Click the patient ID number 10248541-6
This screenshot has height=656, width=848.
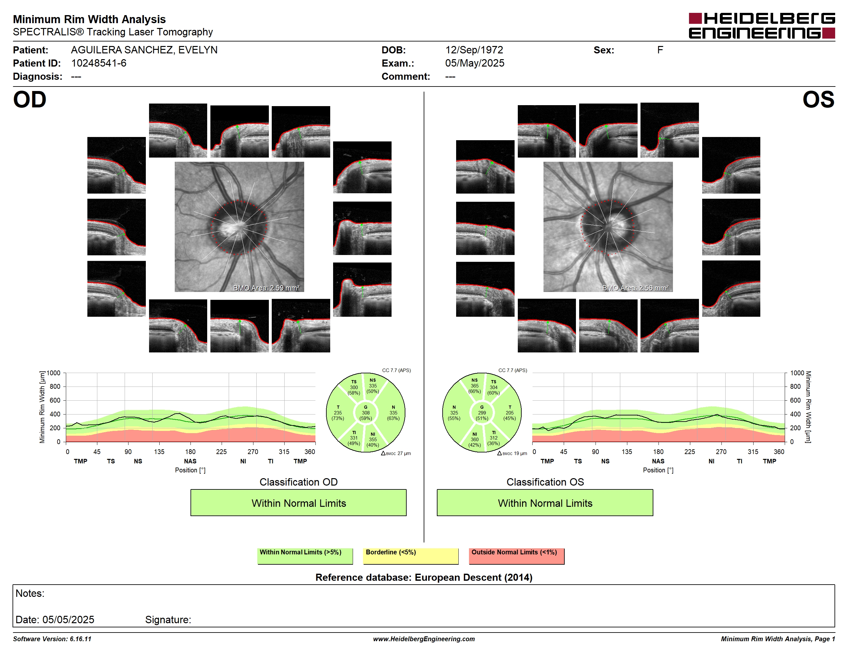tap(99, 63)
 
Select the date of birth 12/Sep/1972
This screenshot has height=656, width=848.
tap(474, 50)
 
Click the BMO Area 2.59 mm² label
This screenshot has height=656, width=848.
tap(266, 288)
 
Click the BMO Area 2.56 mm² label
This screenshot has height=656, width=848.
tap(635, 288)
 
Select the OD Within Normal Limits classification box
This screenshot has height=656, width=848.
tap(298, 503)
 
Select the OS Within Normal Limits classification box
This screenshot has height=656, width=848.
tap(545, 503)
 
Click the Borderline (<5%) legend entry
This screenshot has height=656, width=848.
tap(411, 556)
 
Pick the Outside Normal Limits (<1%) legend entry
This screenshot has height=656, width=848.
tap(517, 556)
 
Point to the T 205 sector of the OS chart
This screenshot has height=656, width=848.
tap(509, 413)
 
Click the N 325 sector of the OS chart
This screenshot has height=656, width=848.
tap(454, 413)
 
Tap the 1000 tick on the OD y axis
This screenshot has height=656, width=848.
tap(54, 373)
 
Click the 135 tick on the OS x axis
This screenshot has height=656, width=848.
tap(627, 451)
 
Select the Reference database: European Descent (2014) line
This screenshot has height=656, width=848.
tap(424, 577)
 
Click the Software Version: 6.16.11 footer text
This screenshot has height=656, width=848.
tap(52, 639)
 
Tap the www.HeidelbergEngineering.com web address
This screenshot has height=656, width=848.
tap(424, 639)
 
